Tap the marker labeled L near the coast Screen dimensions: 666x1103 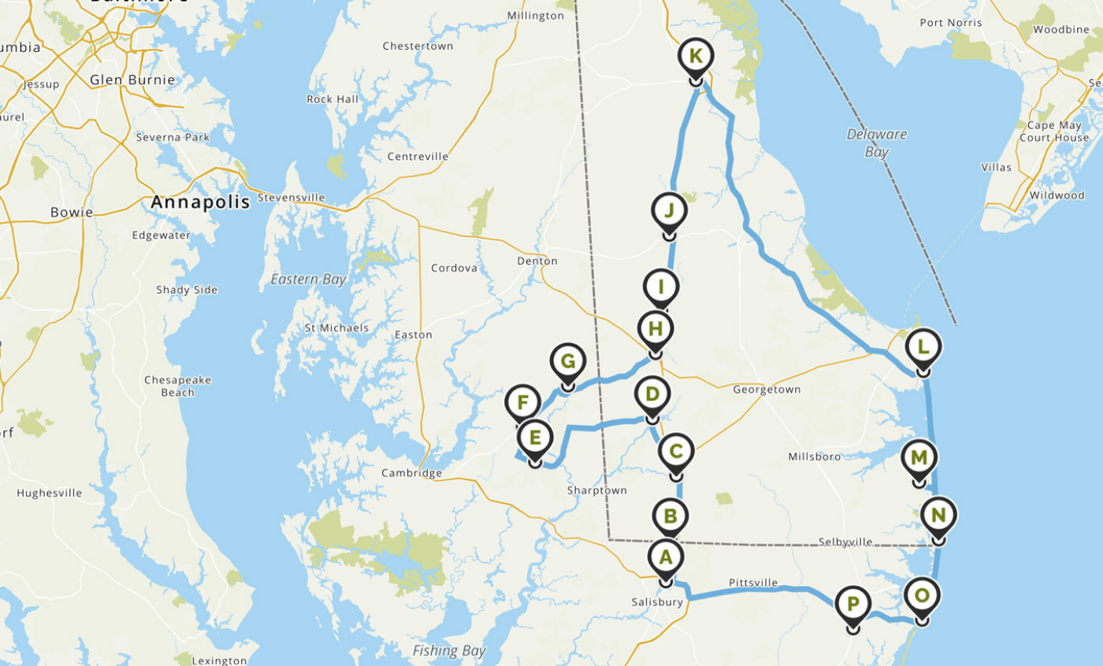point(923,347)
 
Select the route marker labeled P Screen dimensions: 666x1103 point(852,605)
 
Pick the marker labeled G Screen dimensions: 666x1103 point(566,363)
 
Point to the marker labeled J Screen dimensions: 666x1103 point(670,212)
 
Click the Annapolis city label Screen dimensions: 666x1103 point(200,202)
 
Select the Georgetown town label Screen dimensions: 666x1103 point(767,390)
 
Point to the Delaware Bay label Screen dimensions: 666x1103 point(876,142)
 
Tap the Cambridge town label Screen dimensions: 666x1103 point(411,473)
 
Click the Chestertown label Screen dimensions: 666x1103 point(418,46)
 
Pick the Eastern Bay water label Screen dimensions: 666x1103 point(308,279)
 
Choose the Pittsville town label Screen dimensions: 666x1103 point(752,583)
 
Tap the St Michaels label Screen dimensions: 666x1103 point(336,327)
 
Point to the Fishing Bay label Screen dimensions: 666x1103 point(449,651)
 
